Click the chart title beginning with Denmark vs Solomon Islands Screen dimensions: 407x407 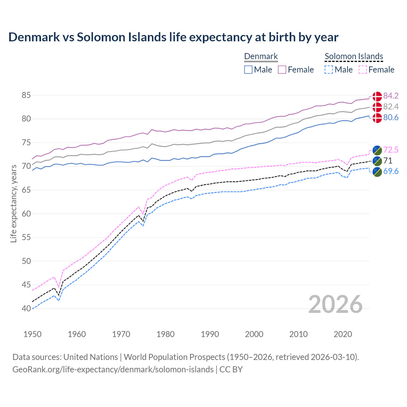pyautogui.click(x=173, y=37)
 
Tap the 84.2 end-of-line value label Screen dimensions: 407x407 pyautogui.click(x=391, y=96)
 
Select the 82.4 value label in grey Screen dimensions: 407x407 pyautogui.click(x=391, y=107)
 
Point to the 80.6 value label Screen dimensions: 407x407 pyautogui.click(x=391, y=118)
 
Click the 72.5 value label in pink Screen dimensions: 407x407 pyautogui.click(x=391, y=150)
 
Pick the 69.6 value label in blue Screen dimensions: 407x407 pyautogui.click(x=391, y=171)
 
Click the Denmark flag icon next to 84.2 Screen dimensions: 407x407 pyautogui.click(x=377, y=96)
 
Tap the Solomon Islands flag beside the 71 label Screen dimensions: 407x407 pyautogui.click(x=377, y=161)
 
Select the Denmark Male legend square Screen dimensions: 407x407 pyautogui.click(x=248, y=70)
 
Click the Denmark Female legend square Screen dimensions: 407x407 pyautogui.click(x=282, y=70)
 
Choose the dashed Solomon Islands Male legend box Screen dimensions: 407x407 pyautogui.click(x=329, y=70)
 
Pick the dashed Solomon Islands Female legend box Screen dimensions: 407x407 pyautogui.click(x=363, y=70)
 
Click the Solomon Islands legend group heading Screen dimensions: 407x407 pyautogui.click(x=354, y=57)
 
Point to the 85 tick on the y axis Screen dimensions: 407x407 pyautogui.click(x=26, y=95)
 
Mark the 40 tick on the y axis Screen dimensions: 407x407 pyautogui.click(x=26, y=308)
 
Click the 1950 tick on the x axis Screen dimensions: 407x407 pyautogui.click(x=32, y=334)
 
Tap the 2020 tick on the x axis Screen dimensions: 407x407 pyautogui.click(x=343, y=334)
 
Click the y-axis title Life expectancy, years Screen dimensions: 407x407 pyautogui.click(x=14, y=203)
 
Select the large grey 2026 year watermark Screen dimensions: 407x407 pyautogui.click(x=335, y=304)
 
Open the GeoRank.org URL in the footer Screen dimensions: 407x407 pyautogui.click(x=113, y=369)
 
